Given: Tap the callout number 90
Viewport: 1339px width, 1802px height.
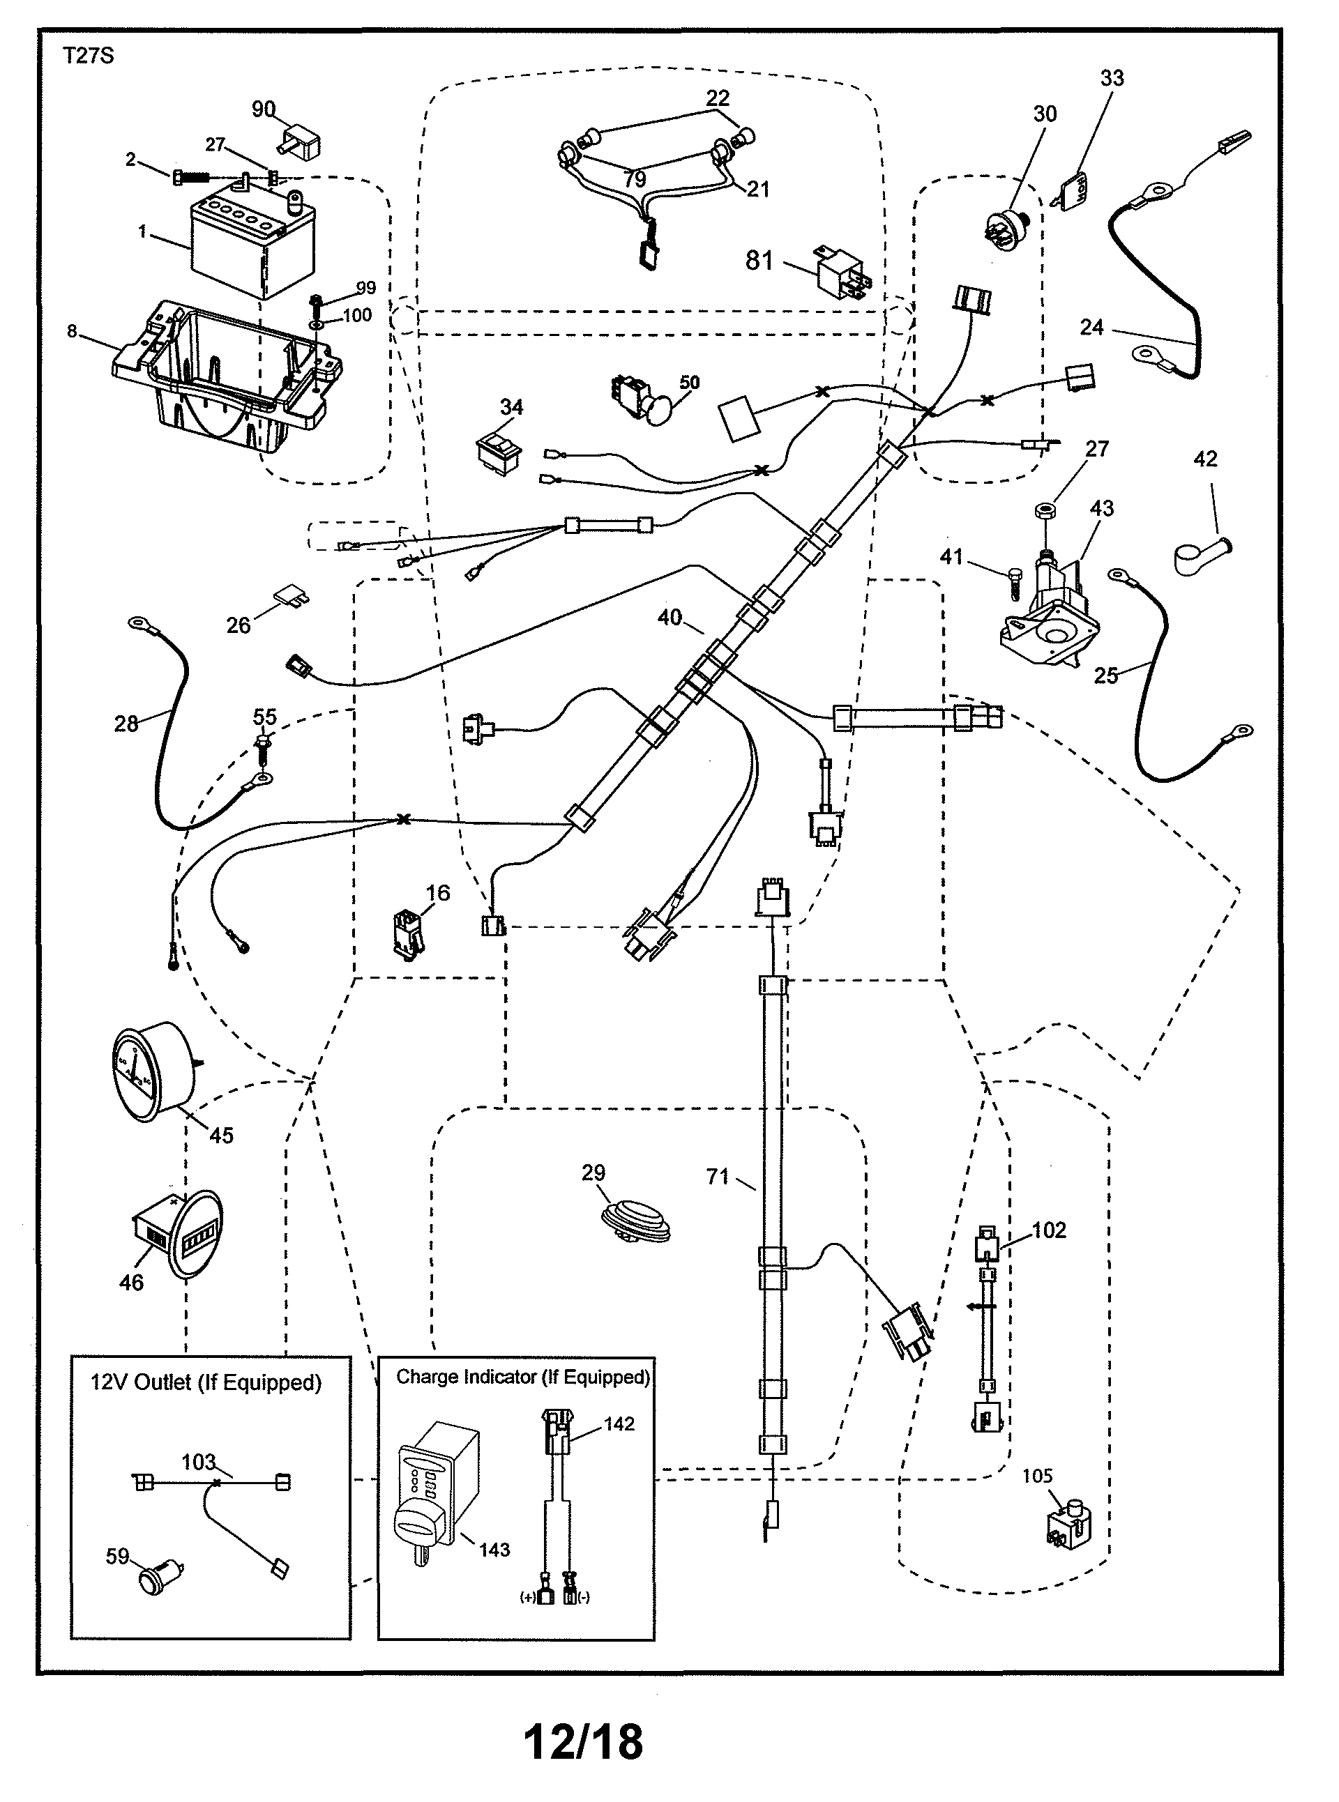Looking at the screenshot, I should (264, 109).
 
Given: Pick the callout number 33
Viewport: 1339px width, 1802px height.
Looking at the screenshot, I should (1112, 79).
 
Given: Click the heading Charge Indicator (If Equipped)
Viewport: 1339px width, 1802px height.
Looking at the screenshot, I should (523, 1377).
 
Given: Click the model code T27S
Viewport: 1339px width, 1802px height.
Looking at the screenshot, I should (89, 56).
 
